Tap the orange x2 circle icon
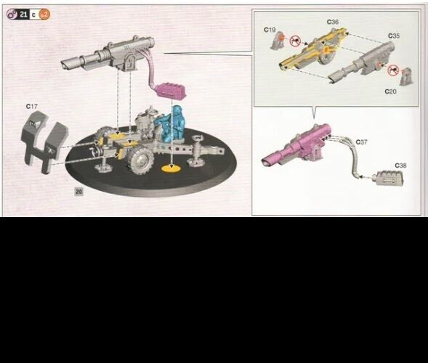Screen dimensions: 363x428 [x=45, y=14]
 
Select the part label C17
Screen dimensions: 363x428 [x=31, y=107]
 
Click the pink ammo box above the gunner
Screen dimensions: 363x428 [x=169, y=90]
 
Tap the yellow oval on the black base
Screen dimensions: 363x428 [x=170, y=169]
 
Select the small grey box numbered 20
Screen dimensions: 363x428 [x=78, y=190]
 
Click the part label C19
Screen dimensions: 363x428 [x=270, y=30]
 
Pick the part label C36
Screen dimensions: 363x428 [x=332, y=22]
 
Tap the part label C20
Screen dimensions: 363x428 [x=391, y=92]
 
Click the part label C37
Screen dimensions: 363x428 [x=361, y=142]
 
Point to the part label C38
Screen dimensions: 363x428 [x=400, y=165]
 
